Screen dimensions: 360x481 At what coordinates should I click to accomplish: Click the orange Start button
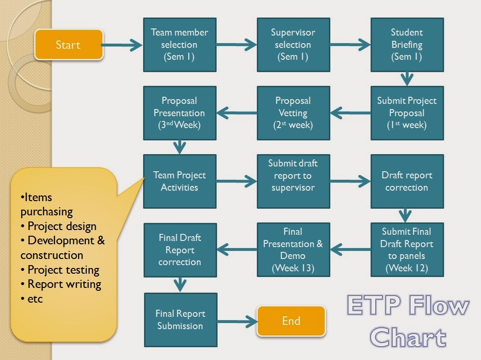click(69, 45)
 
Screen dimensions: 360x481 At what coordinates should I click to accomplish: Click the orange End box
click(291, 321)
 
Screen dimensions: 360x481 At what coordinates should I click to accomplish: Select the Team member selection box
click(180, 45)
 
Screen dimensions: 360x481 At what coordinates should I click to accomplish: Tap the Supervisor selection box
click(293, 45)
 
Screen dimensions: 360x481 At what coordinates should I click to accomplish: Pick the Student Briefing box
click(407, 45)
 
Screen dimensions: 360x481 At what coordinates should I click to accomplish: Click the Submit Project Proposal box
click(407, 113)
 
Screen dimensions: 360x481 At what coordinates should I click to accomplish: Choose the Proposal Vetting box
click(293, 113)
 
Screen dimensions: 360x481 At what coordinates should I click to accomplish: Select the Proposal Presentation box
click(180, 113)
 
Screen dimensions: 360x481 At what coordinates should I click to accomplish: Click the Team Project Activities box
click(180, 181)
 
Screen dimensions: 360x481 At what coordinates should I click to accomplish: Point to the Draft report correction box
click(407, 181)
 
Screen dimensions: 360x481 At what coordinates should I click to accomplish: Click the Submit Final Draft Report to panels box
click(407, 249)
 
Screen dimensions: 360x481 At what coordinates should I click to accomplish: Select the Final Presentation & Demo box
click(293, 249)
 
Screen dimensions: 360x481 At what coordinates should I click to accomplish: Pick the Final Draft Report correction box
click(180, 249)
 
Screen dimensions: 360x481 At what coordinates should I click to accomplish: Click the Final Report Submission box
click(180, 320)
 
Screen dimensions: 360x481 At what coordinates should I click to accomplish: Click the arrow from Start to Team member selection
click(123, 45)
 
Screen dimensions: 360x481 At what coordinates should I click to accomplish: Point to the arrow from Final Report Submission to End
click(237, 320)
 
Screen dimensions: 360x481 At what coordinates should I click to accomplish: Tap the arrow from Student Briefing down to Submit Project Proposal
click(407, 78)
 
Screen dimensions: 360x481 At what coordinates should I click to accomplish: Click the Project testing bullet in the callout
click(63, 270)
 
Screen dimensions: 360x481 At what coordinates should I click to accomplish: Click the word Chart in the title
click(408, 337)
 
